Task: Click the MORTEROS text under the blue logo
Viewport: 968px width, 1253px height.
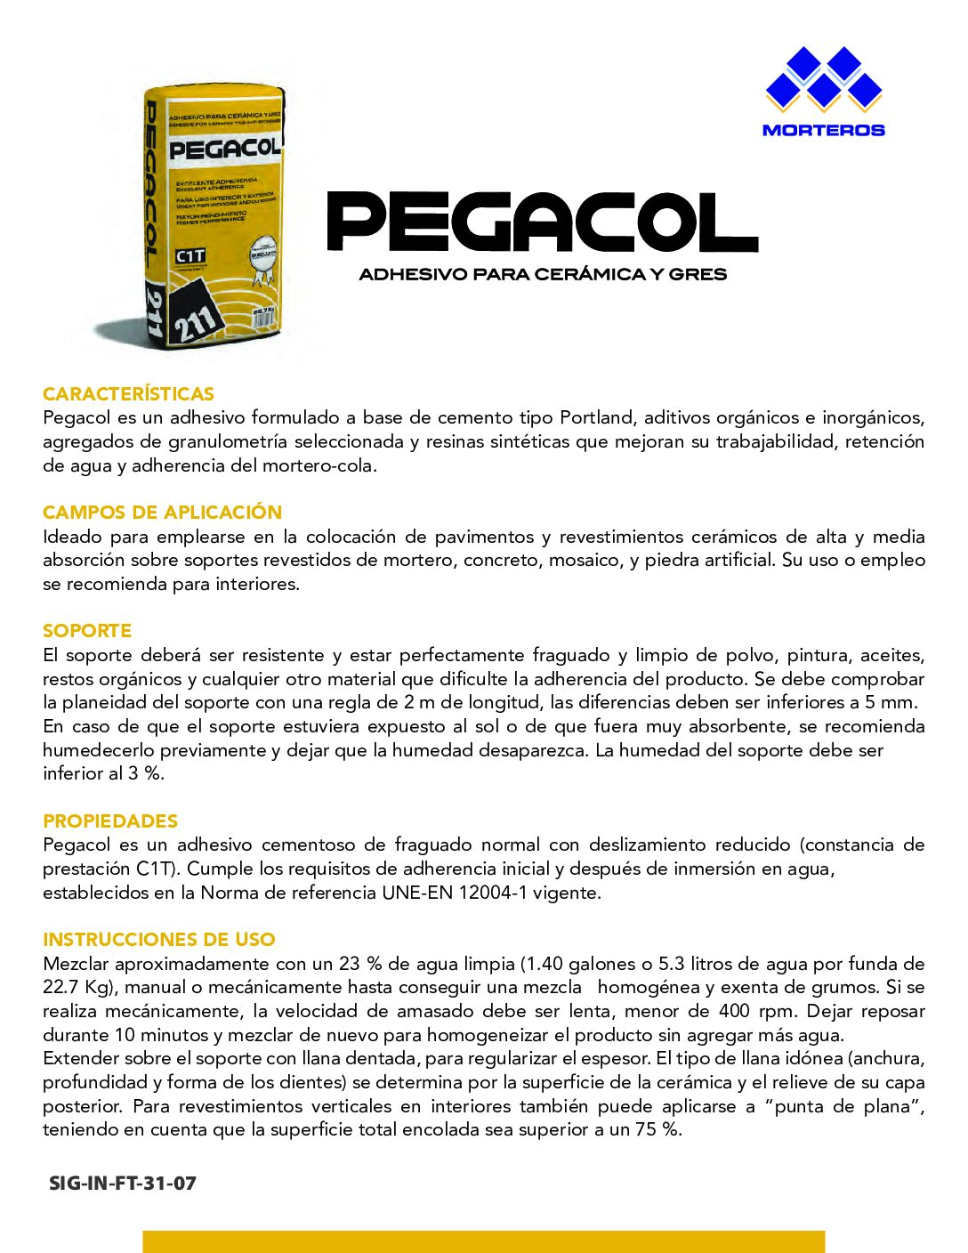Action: [x=823, y=130]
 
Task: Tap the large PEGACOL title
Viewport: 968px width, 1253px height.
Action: [x=543, y=222]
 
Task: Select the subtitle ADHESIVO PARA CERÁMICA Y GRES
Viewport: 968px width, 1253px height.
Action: [x=543, y=274]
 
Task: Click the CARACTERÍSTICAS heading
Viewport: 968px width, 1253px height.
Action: [x=128, y=393]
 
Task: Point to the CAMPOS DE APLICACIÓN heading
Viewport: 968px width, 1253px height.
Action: [x=162, y=513]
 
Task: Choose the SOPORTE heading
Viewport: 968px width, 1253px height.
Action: [x=87, y=631]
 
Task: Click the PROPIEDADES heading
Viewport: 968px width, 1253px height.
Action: [x=110, y=821]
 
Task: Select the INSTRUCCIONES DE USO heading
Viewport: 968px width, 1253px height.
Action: [x=159, y=940]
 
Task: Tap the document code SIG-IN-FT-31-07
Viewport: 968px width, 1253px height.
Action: [x=123, y=1184]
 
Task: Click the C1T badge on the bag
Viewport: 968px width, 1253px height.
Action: [x=190, y=256]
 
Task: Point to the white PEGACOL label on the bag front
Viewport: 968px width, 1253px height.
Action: [x=225, y=149]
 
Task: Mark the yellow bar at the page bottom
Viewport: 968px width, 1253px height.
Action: [x=483, y=1241]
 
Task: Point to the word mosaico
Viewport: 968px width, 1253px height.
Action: [x=585, y=561]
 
